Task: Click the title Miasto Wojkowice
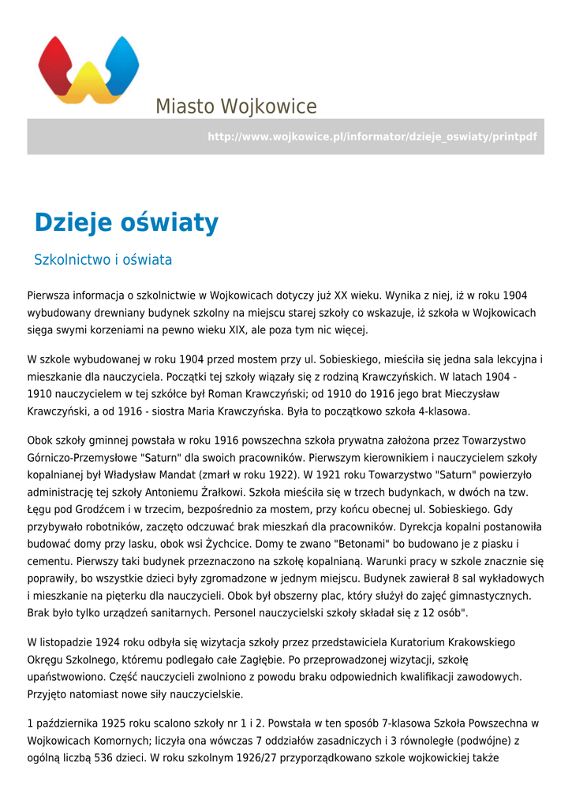pos(236,106)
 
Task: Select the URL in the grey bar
pos(372,137)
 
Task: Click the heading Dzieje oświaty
pos(126,223)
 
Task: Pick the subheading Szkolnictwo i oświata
pos(103,259)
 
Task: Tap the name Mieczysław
pos(470,393)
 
